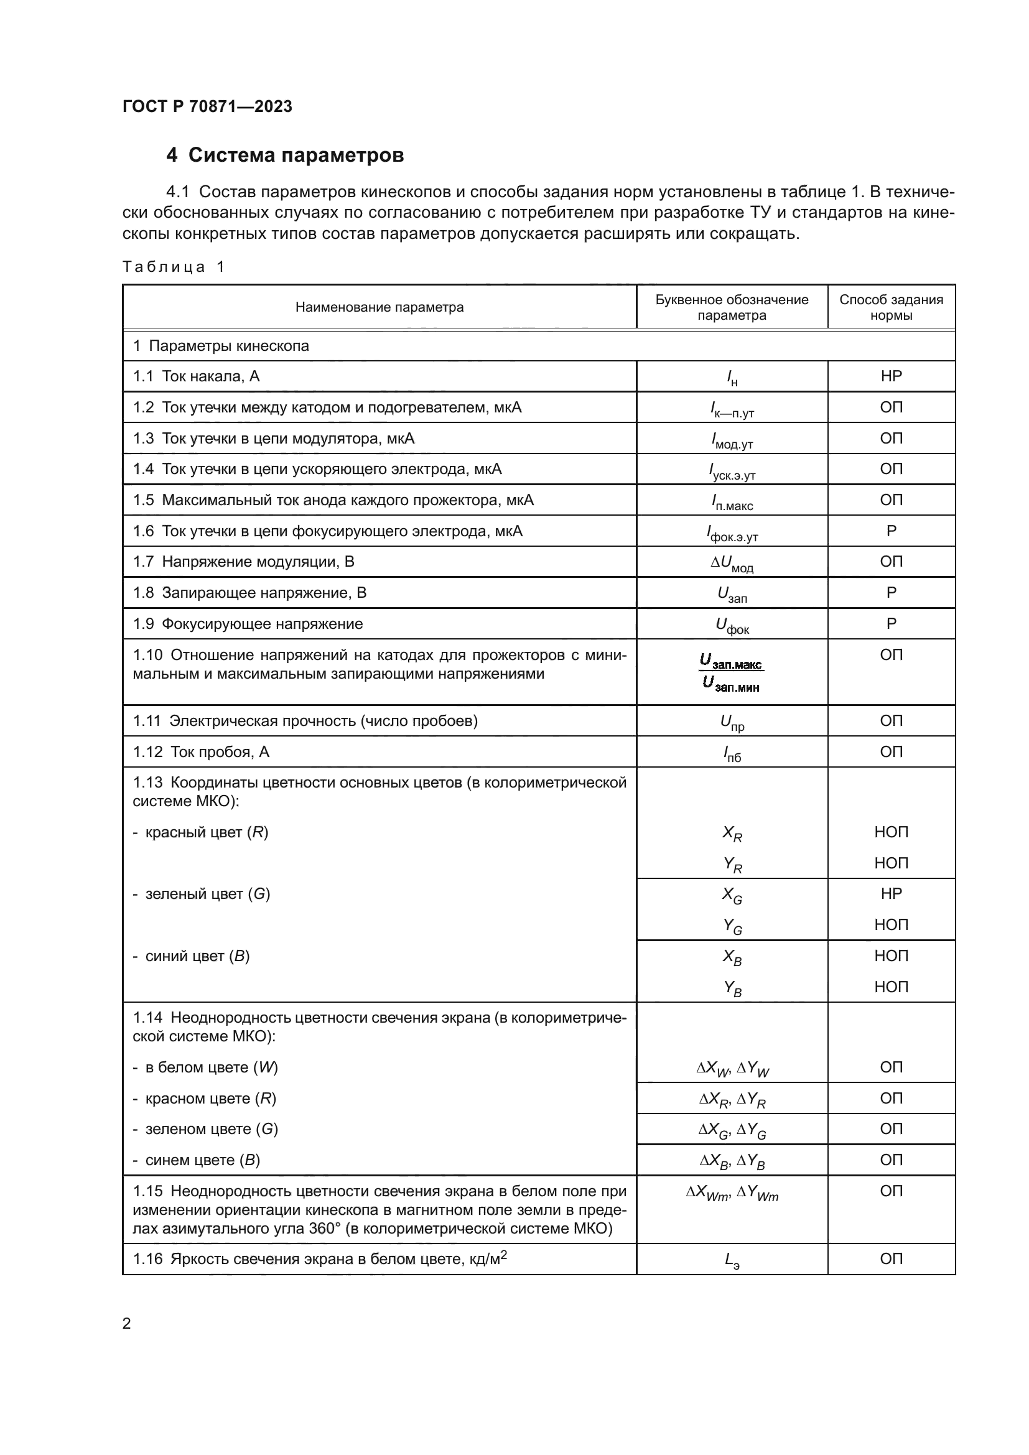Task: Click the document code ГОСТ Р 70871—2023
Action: pos(207,106)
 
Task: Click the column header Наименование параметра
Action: pos(379,307)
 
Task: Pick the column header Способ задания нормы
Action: pos(890,307)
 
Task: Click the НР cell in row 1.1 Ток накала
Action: pos(890,376)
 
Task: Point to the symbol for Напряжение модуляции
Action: pos(732,563)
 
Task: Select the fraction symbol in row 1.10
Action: pos(732,672)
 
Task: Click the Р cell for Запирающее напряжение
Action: pos(890,593)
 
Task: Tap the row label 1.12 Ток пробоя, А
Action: pos(201,752)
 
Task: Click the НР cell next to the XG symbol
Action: pos(890,893)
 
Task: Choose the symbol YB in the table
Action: pos(732,988)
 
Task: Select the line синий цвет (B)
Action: pos(192,956)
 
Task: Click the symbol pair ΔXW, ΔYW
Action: pos(732,1069)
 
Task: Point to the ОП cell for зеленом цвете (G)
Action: pos(890,1129)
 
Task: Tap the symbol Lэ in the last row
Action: pos(732,1260)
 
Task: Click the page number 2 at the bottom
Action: pos(127,1323)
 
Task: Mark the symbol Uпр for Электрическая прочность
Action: pos(732,722)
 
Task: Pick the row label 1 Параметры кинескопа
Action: pos(220,346)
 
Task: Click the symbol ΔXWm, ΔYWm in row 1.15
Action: pos(732,1192)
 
